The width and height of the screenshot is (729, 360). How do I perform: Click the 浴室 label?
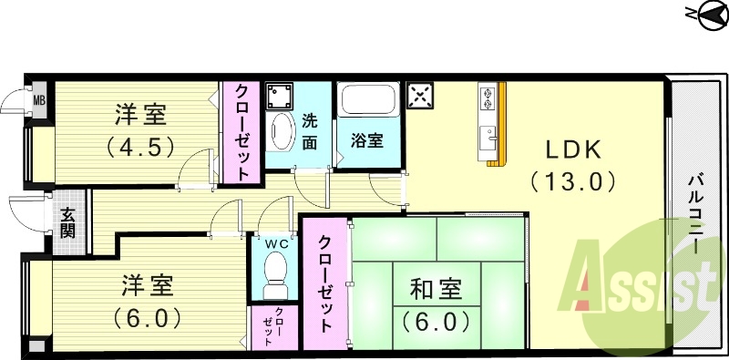click(366, 141)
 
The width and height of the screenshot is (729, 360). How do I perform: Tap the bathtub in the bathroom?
click(367, 99)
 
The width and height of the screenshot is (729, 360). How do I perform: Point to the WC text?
click(274, 243)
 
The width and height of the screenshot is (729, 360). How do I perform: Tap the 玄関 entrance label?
click(69, 223)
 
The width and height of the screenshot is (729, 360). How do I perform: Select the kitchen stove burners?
click(488, 97)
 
